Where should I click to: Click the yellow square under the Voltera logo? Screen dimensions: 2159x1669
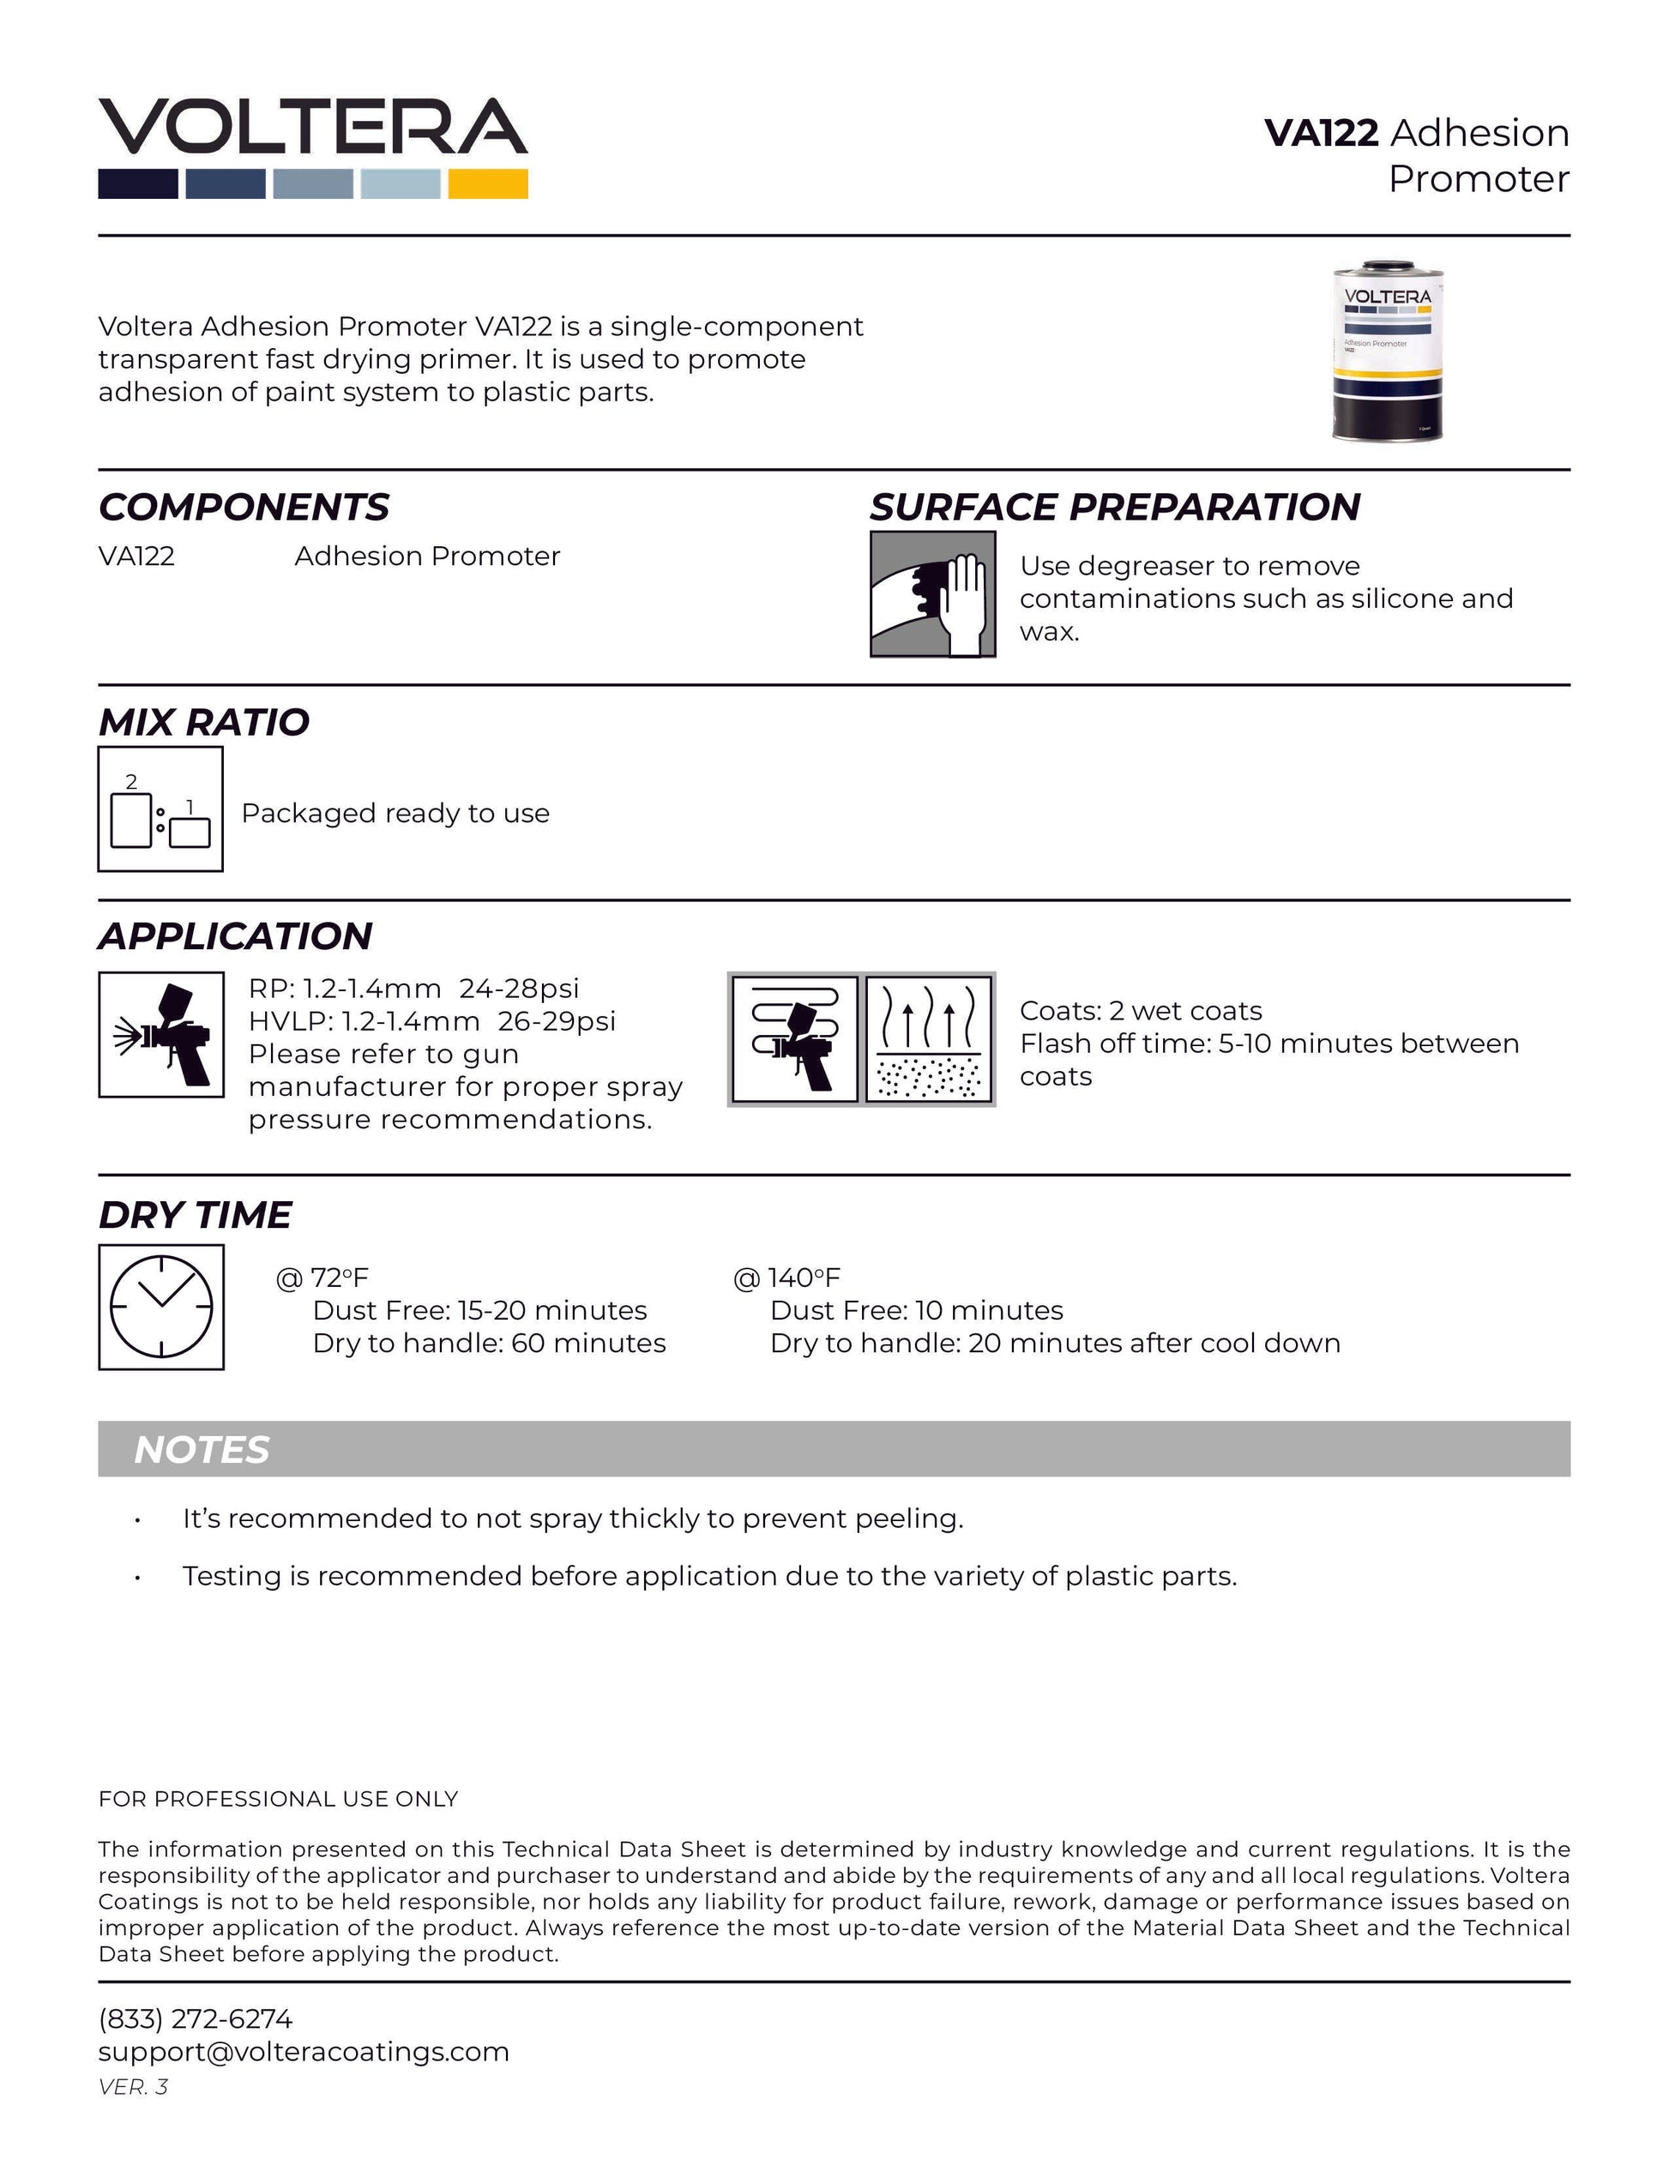click(487, 183)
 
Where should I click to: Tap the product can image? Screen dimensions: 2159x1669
click(1386, 352)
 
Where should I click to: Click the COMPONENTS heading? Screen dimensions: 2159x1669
click(244, 507)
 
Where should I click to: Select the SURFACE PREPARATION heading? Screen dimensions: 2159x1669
click(1114, 507)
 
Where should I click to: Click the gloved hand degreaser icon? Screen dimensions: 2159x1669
click(932, 594)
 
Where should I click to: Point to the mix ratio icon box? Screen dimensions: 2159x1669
click(160, 809)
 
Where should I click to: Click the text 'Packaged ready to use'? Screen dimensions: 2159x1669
click(395, 813)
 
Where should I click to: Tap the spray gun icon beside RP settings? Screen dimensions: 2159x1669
click(161, 1035)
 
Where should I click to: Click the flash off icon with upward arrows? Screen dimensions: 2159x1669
click(929, 1038)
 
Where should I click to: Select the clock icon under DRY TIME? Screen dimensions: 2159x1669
click(161, 1307)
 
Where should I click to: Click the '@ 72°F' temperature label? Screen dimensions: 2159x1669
click(322, 1278)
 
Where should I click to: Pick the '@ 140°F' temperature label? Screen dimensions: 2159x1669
click(787, 1278)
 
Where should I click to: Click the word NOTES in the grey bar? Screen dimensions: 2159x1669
click(202, 1450)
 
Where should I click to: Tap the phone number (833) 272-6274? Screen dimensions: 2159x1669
click(195, 2018)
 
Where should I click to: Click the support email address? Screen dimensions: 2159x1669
click(304, 2051)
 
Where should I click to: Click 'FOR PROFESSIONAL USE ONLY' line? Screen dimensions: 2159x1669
click(278, 1798)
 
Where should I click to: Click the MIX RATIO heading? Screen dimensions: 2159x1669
click(203, 723)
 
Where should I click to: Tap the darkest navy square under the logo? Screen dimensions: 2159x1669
click(137, 183)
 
